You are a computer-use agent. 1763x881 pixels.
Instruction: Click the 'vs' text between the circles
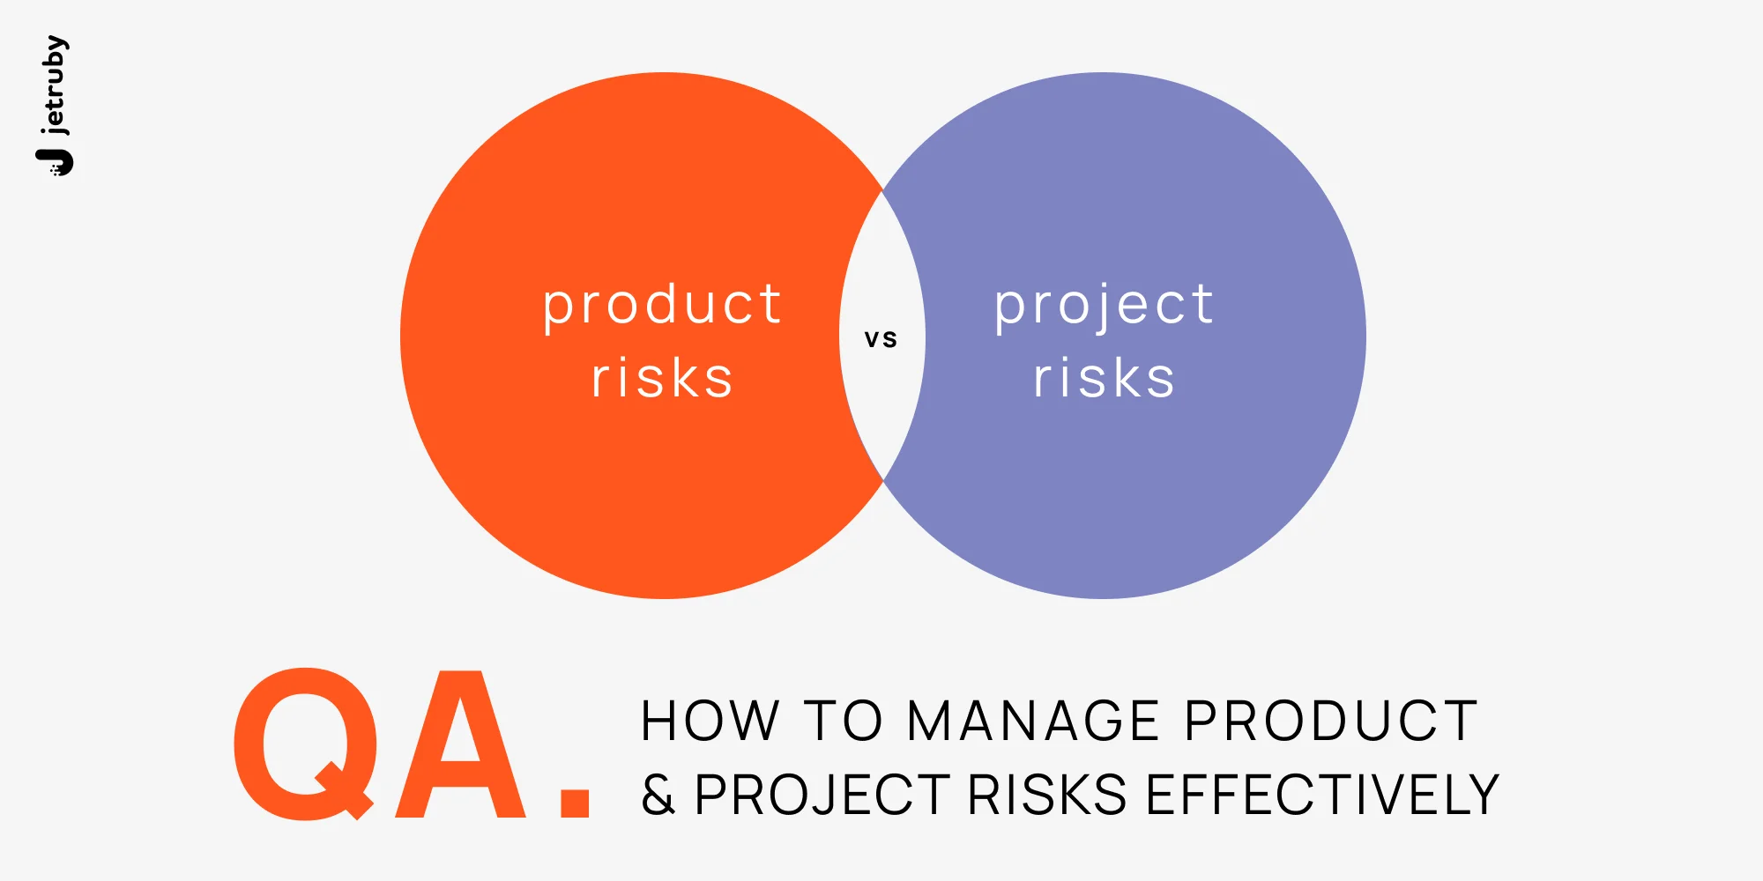881,339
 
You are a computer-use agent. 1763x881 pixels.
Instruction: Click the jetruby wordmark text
55,85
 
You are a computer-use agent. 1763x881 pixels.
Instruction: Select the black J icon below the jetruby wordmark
56,162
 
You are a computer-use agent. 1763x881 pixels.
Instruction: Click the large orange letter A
460,744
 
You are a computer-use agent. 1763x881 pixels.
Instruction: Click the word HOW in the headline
710,722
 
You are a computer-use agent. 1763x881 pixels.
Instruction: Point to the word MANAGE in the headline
1033,722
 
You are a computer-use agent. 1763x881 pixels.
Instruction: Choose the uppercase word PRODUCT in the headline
1331,722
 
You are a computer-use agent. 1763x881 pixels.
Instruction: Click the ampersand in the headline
658,795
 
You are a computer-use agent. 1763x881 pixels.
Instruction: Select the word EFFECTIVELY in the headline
1322,795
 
